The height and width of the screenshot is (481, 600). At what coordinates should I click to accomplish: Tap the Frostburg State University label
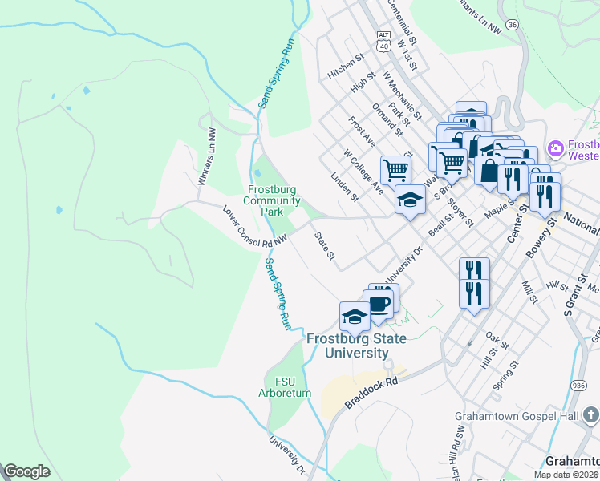pos(355,346)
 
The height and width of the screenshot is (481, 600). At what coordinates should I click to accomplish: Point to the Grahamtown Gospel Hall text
pos(517,416)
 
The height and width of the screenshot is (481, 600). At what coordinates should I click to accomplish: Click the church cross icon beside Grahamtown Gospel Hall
pos(590,414)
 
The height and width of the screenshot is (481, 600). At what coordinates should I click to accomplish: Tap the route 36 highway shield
pos(512,25)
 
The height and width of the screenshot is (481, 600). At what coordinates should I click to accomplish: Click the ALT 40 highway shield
pos(383,41)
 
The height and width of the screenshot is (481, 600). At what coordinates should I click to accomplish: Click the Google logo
pos(26,471)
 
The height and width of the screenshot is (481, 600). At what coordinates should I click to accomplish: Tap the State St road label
pos(324,246)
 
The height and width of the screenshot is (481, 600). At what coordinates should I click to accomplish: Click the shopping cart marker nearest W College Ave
pos(395,169)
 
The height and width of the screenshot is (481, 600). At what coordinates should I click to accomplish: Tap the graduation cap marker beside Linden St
pos(410,200)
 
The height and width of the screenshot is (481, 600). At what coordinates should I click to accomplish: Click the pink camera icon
pos(554,148)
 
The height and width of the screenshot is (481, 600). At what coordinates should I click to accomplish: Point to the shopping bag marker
pos(489,171)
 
